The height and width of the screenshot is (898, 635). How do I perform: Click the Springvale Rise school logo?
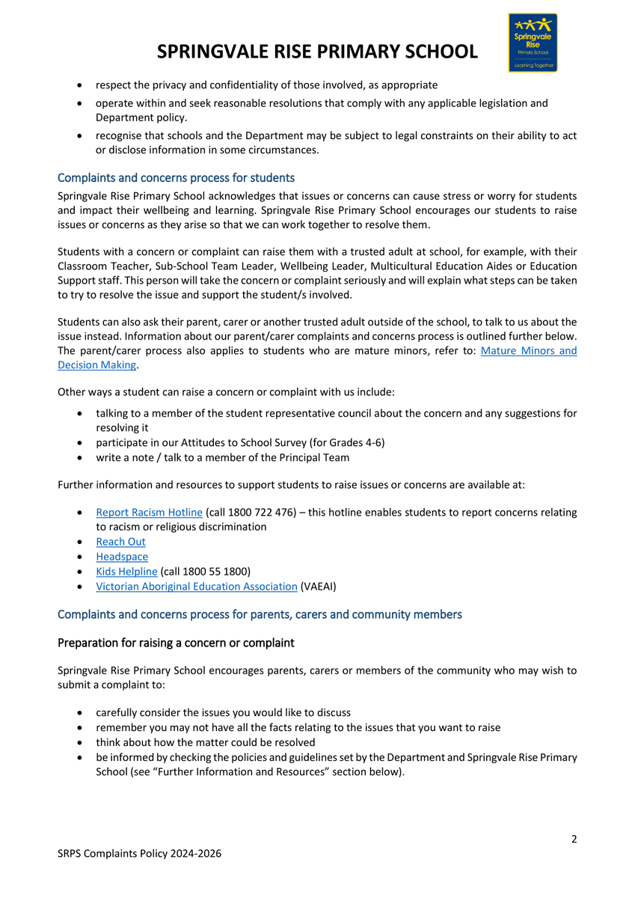click(x=532, y=43)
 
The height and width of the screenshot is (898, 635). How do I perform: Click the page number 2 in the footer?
click(x=574, y=839)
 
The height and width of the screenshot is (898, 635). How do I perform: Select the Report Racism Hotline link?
click(x=149, y=513)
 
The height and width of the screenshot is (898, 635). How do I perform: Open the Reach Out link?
click(x=120, y=542)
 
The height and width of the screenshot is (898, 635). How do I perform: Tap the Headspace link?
click(x=121, y=557)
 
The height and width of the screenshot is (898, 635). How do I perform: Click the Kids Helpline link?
click(x=126, y=572)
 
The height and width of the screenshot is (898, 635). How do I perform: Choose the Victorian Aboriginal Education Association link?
click(x=196, y=587)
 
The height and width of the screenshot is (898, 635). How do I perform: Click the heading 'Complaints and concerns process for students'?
click(x=176, y=178)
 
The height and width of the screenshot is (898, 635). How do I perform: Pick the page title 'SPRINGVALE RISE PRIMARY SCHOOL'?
click(x=318, y=52)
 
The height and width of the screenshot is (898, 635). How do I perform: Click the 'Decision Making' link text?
click(x=97, y=364)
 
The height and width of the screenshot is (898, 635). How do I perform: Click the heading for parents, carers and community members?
click(x=260, y=614)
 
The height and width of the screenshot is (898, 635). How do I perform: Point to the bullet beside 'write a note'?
click(x=80, y=458)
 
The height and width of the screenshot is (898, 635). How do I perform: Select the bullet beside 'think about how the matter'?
click(x=80, y=742)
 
